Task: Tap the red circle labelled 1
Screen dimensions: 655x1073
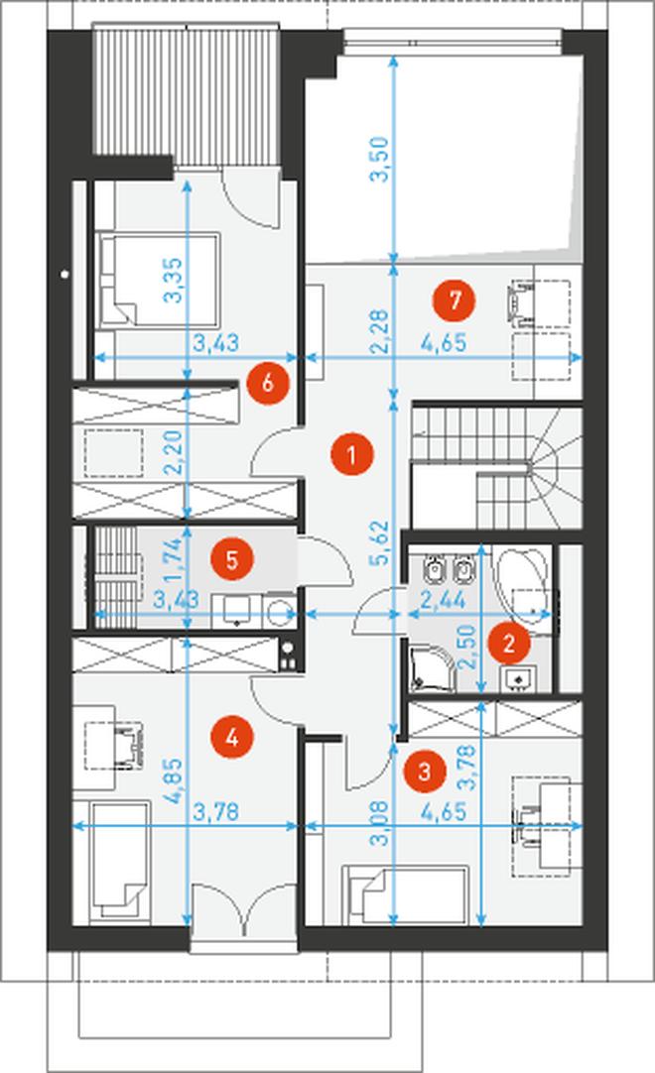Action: pos(351,454)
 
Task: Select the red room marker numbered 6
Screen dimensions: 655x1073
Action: pos(268,383)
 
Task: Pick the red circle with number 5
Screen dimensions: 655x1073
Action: pos(232,559)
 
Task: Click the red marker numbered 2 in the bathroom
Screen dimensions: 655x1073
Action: pos(508,644)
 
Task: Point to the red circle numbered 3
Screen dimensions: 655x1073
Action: pos(424,772)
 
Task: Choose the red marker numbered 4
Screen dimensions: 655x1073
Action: pos(232,738)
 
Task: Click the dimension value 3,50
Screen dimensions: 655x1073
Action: pos(379,160)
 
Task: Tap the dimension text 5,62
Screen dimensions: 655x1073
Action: pos(379,542)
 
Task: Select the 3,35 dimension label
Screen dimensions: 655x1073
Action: pos(174,280)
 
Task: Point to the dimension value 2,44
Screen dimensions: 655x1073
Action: pos(444,600)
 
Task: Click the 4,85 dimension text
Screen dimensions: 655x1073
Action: pos(174,780)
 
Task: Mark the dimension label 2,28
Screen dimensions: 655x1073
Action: pos(379,332)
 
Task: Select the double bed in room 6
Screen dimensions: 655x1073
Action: pos(159,280)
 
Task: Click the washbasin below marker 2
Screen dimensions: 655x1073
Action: pos(519,679)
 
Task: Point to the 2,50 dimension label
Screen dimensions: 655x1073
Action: pos(468,647)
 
